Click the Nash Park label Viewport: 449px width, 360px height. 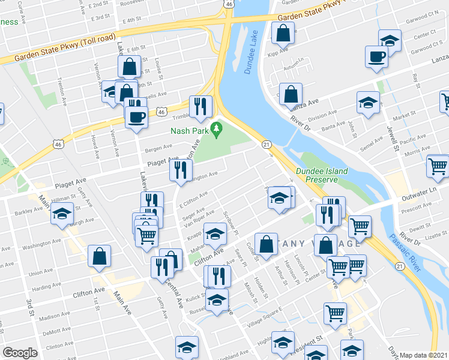pos(189,131)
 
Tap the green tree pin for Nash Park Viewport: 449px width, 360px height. pos(217,128)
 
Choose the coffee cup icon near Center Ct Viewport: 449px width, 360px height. pos(376,57)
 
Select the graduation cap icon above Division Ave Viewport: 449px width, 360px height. pos(368,103)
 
